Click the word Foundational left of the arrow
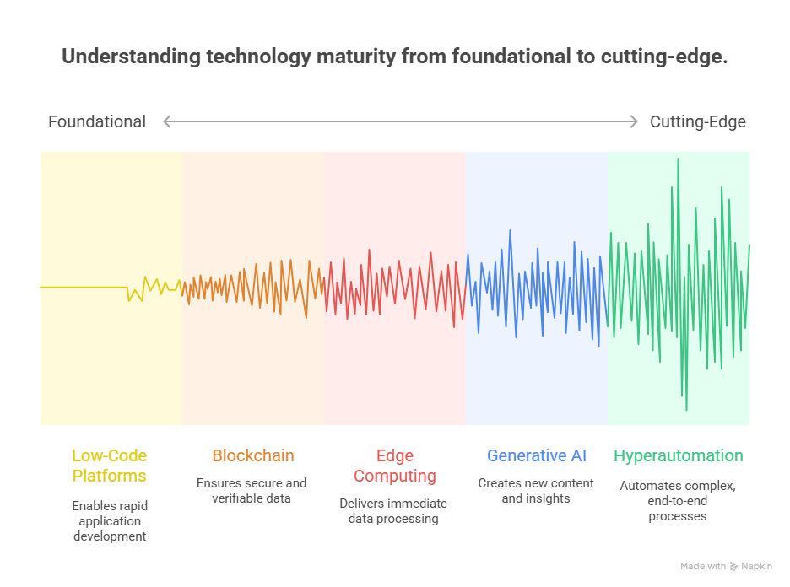(96, 121)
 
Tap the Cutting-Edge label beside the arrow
(697, 121)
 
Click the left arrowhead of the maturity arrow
(167, 121)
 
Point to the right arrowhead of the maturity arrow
(634, 121)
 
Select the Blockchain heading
(252, 455)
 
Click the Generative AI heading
(536, 455)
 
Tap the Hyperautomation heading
(678, 455)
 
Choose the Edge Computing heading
(394, 466)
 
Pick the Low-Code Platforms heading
(109, 466)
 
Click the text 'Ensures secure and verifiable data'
(252, 491)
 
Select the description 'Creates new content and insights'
(536, 491)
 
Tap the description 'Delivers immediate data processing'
(394, 511)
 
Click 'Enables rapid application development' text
(109, 521)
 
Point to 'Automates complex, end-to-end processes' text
(678, 501)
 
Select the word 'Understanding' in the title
(118, 57)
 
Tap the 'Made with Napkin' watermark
(726, 567)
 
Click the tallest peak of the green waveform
(678, 159)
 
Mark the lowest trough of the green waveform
(686, 410)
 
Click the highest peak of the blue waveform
(510, 230)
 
